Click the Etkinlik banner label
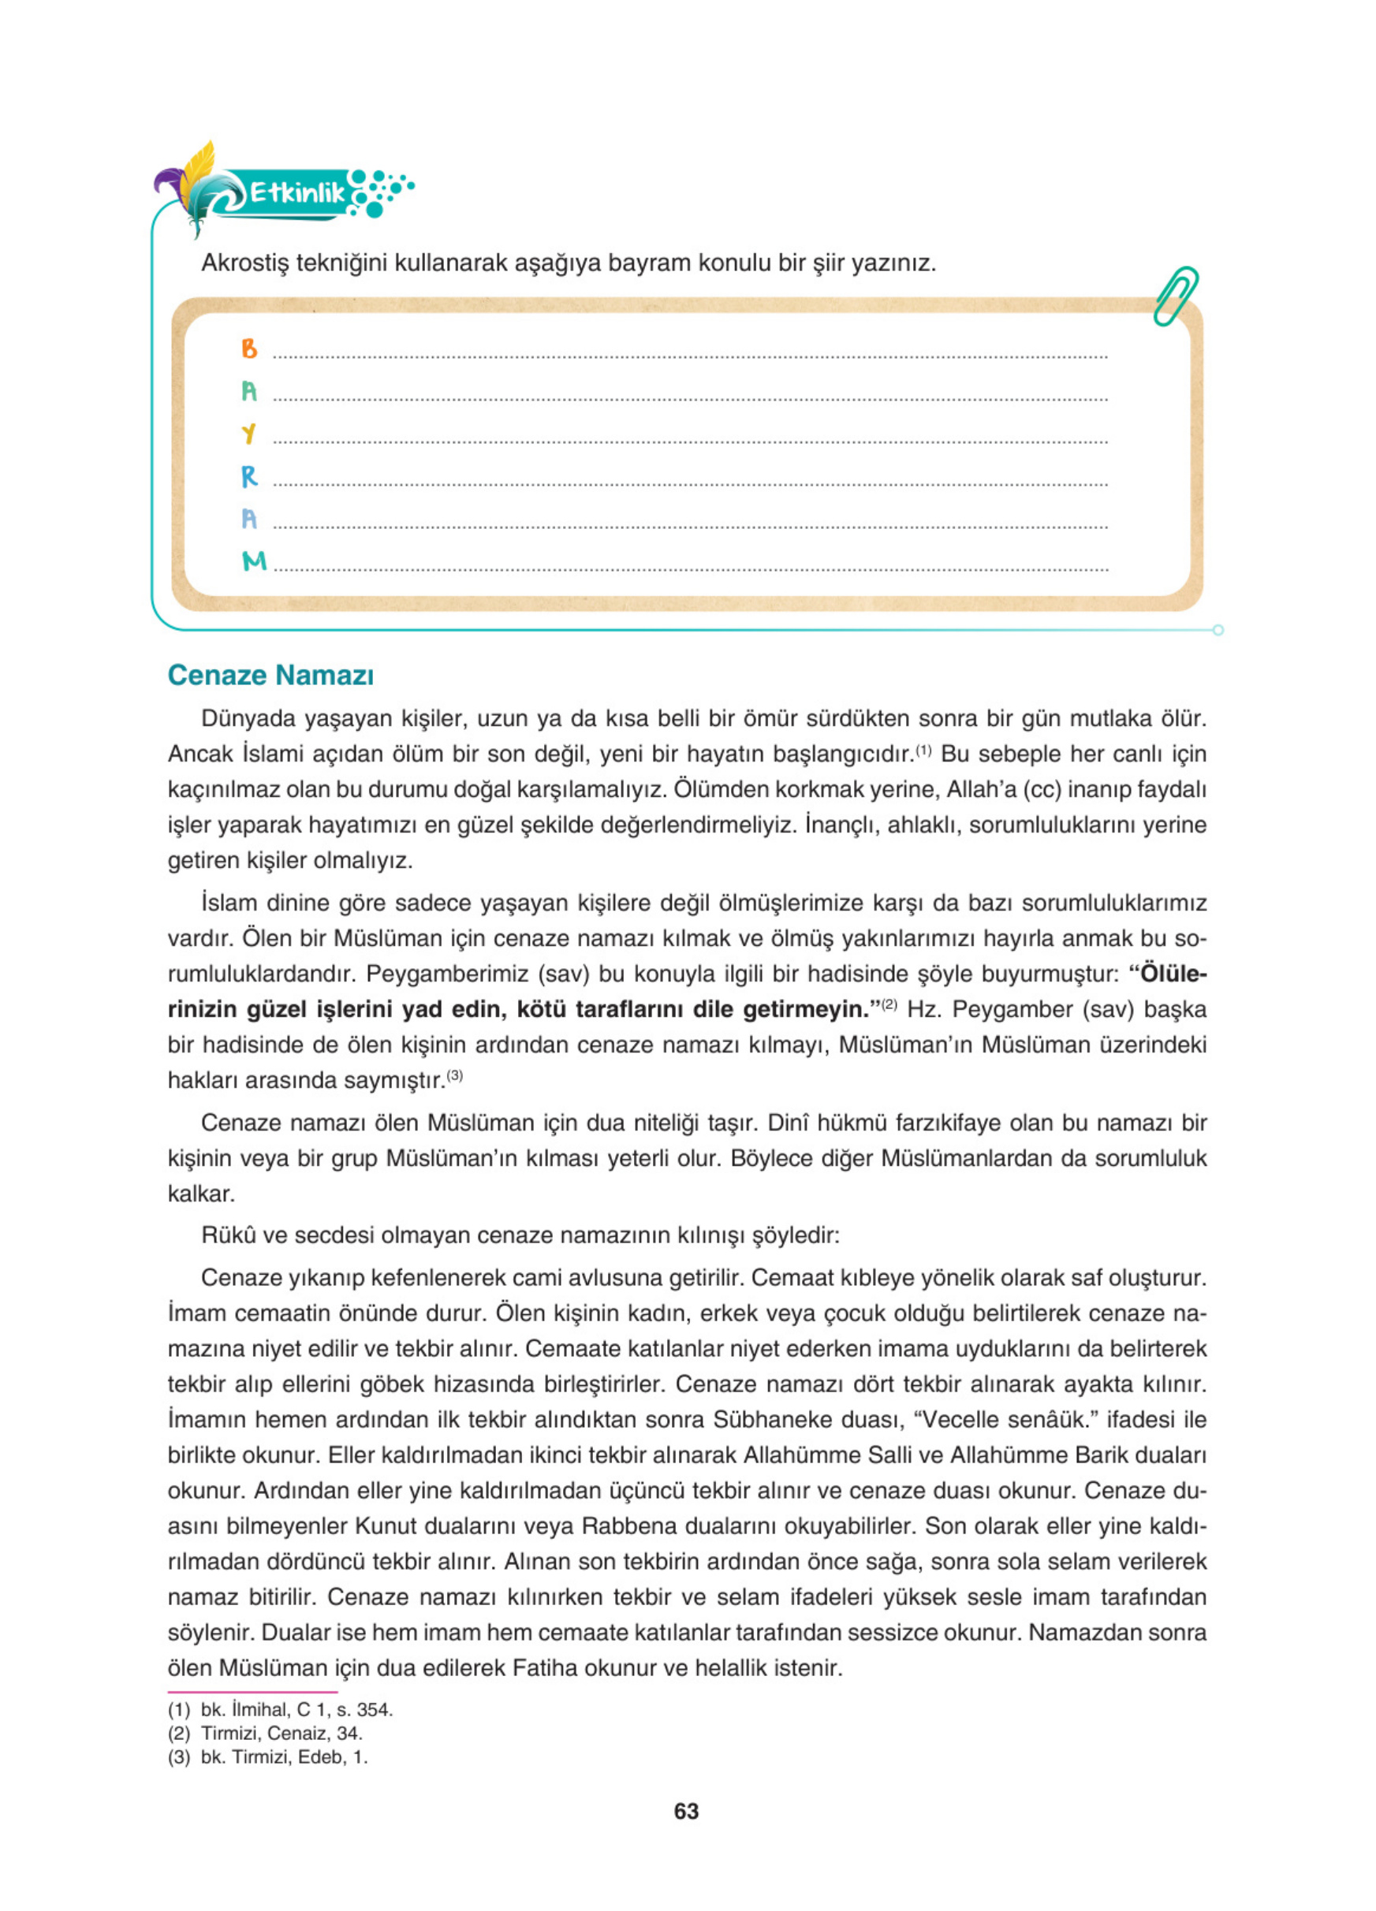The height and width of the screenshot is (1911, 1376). (x=296, y=194)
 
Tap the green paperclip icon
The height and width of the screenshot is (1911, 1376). (x=1176, y=296)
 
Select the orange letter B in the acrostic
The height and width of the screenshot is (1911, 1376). (x=248, y=348)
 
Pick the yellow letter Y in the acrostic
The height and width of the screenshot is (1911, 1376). (x=248, y=434)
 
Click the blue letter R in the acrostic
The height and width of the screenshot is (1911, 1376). (x=248, y=477)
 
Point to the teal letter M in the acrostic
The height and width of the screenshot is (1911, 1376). (x=254, y=561)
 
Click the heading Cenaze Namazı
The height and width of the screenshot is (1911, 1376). (x=270, y=675)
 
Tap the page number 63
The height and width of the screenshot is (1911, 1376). (x=686, y=1812)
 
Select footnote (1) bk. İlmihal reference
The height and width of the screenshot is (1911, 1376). (x=281, y=1710)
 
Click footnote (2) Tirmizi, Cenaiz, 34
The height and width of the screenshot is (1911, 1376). (x=266, y=1733)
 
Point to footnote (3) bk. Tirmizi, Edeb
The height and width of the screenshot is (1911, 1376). (x=268, y=1756)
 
